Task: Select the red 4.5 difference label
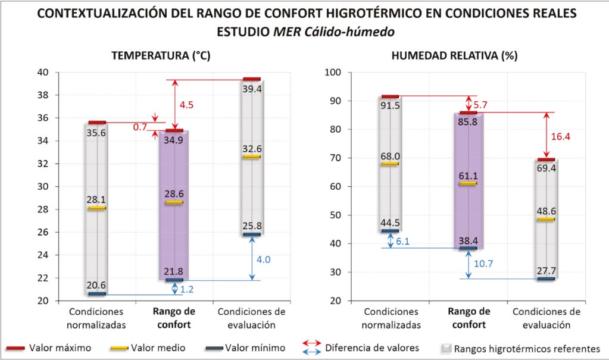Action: pyautogui.click(x=186, y=105)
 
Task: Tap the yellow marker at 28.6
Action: pyautogui.click(x=174, y=202)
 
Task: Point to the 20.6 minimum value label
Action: pyautogui.click(x=96, y=285)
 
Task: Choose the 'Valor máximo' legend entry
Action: pyautogui.click(x=59, y=348)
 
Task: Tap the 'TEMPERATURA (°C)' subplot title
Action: pyautogui.click(x=161, y=56)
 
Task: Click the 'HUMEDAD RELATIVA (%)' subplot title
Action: pyautogui.click(x=454, y=56)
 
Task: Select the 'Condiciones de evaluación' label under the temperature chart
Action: pyautogui.click(x=251, y=318)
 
